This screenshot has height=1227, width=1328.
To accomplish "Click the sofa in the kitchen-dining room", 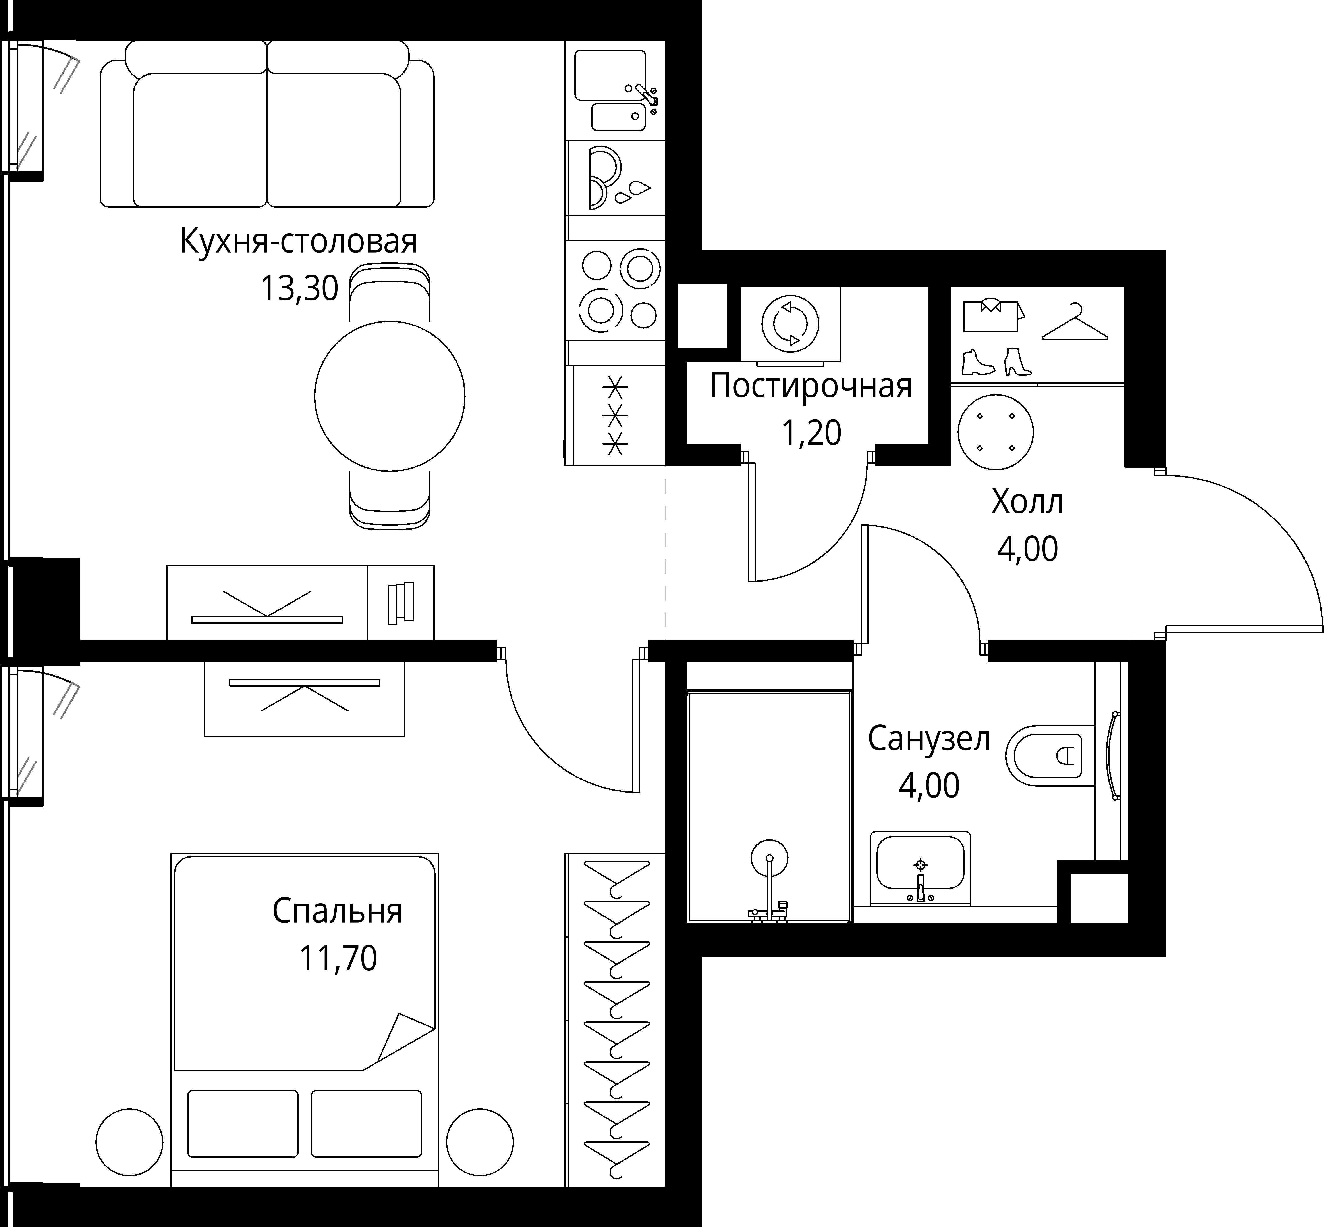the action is coord(267,124).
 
